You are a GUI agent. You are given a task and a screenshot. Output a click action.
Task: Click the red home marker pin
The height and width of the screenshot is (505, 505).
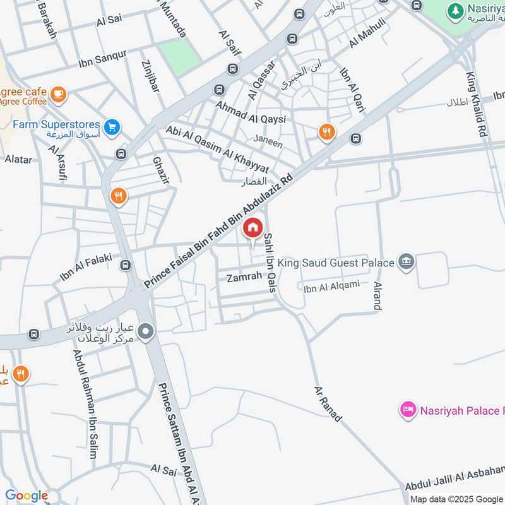[252, 229]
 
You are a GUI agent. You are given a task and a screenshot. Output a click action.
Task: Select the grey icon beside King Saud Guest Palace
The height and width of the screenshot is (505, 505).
[406, 261]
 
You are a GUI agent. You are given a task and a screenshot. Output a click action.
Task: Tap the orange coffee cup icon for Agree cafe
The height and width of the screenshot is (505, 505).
[58, 94]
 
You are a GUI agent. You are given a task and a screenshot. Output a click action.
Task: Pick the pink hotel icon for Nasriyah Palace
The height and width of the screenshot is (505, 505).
[408, 410]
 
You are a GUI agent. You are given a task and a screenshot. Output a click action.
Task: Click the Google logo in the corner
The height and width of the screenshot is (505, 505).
[27, 496]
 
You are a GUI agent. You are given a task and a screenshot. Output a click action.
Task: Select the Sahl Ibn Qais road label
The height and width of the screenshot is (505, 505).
[270, 262]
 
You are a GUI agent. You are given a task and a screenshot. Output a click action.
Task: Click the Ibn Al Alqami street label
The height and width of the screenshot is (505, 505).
[331, 287]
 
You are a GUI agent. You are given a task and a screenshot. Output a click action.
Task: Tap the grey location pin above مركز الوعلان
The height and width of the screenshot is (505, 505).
[146, 331]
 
